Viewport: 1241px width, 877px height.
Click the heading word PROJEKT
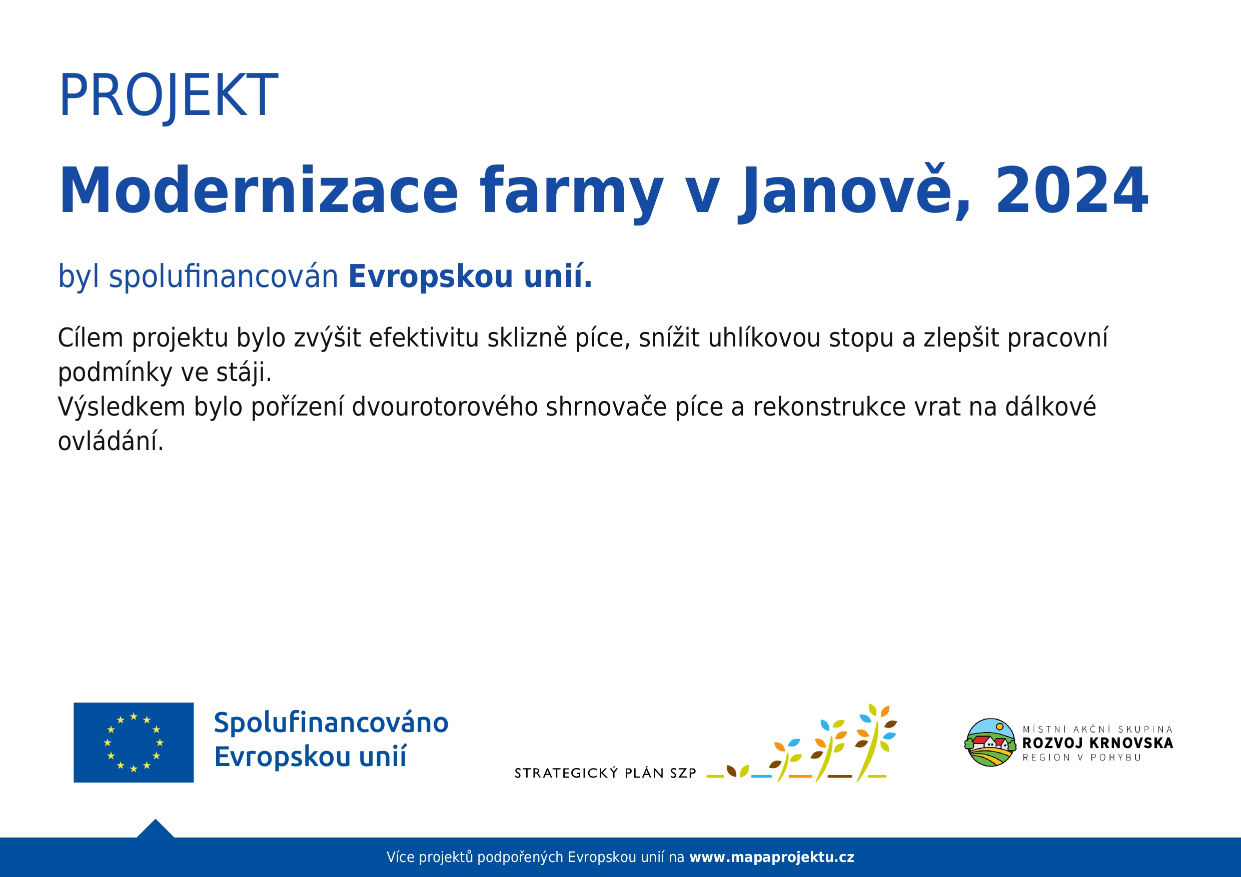click(x=168, y=96)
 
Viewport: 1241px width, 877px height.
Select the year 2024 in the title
click(x=1071, y=190)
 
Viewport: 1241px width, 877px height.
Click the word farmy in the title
click(x=571, y=193)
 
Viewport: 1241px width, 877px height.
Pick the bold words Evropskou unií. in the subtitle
click(x=470, y=276)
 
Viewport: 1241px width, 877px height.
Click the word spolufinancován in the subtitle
click(x=223, y=276)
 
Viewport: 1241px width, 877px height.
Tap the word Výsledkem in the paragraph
click(x=122, y=406)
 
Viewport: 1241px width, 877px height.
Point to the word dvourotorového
click(x=445, y=406)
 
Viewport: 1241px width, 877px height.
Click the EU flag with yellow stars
click(x=134, y=742)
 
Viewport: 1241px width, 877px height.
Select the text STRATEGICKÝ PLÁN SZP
click(x=605, y=773)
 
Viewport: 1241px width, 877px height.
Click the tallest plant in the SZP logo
click(x=874, y=741)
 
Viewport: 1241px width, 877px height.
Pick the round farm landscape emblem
click(x=990, y=742)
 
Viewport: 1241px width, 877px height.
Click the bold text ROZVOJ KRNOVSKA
click(x=1097, y=743)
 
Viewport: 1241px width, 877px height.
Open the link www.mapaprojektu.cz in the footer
click(x=772, y=857)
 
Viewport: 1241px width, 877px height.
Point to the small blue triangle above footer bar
click(x=155, y=829)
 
